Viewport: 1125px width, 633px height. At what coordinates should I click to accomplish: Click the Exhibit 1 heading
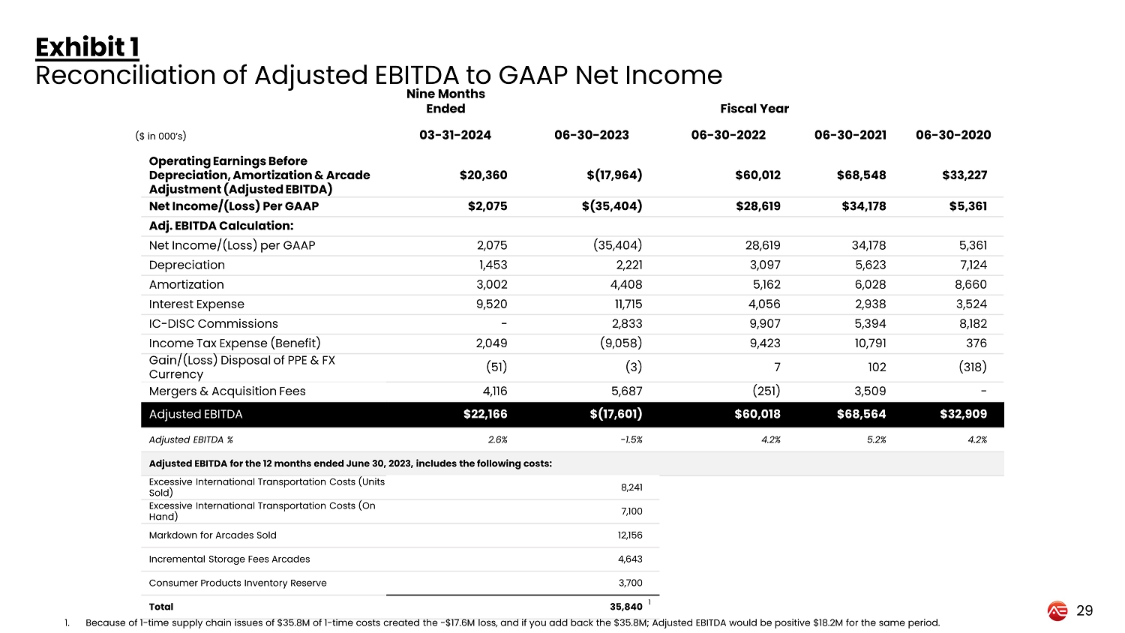pos(87,47)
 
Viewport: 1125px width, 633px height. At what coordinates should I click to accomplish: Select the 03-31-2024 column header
pos(454,135)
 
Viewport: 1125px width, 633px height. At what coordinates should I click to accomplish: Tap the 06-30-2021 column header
pos(850,135)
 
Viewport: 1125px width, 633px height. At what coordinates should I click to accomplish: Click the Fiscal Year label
pos(754,109)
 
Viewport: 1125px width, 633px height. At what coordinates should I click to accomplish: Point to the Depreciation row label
pos(187,265)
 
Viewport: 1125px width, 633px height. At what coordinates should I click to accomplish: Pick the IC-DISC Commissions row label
pos(213,323)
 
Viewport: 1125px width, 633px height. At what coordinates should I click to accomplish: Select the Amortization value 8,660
pos(970,284)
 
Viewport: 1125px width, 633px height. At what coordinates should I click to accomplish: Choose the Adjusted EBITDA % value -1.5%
pos(631,440)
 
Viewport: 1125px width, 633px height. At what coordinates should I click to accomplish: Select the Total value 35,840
pos(625,607)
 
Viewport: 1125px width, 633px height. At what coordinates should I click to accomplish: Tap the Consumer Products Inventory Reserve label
pos(238,583)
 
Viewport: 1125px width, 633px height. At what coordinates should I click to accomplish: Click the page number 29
pos(1084,610)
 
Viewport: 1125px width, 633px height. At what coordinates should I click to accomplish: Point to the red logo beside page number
pos(1057,611)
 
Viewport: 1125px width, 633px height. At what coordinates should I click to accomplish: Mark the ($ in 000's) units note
pos(160,136)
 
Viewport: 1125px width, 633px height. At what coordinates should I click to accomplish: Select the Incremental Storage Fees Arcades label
pos(229,559)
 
